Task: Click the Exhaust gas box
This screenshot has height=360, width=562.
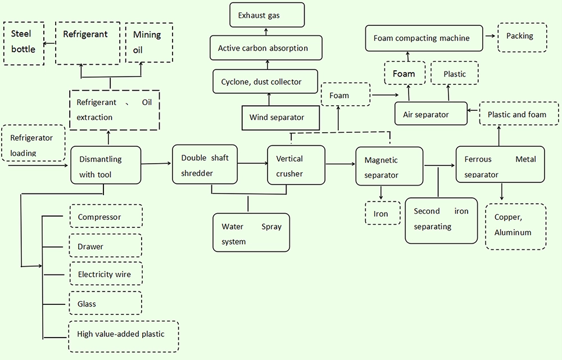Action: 267,15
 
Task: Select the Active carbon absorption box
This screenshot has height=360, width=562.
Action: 266,48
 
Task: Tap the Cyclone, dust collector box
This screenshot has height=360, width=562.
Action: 265,82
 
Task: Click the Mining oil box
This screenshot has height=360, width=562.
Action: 149,42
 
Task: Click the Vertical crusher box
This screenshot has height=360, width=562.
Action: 296,165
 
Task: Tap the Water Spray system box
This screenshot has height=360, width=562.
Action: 251,233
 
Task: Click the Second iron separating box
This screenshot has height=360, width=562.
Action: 441,220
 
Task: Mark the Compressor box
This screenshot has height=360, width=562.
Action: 106,217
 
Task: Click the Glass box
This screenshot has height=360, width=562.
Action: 106,304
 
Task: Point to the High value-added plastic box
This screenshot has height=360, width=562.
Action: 123,334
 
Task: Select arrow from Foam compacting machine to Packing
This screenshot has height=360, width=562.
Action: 490,37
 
